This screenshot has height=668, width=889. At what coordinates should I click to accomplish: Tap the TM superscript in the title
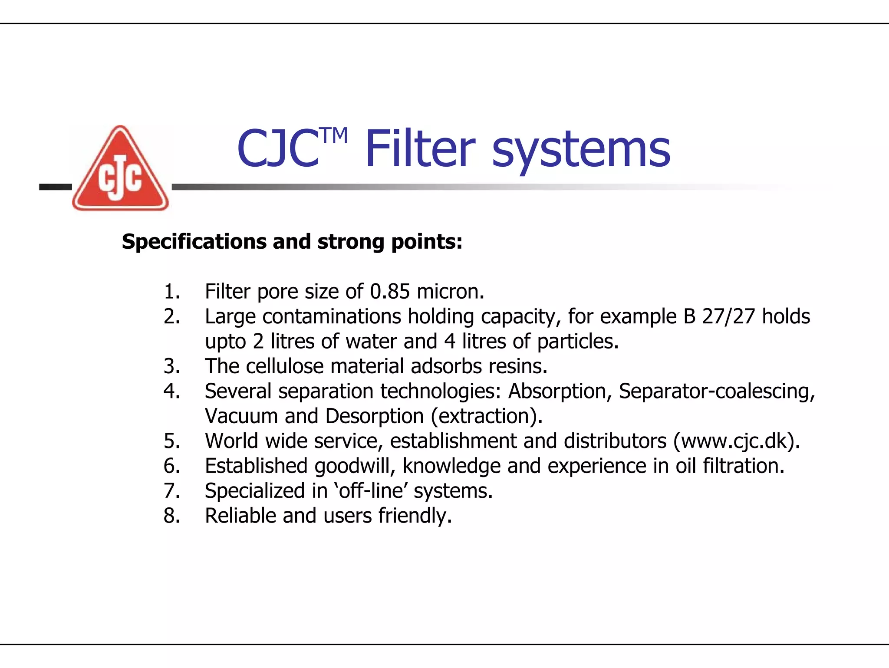pyautogui.click(x=334, y=136)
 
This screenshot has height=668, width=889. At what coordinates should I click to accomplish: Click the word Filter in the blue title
pyautogui.click(x=420, y=149)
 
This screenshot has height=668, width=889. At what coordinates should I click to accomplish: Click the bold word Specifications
pyautogui.click(x=194, y=241)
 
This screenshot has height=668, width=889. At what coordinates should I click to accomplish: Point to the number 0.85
pyautogui.click(x=389, y=291)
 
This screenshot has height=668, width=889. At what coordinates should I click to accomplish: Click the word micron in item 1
pyautogui.click(x=450, y=291)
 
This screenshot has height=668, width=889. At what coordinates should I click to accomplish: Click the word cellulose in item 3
pyautogui.click(x=284, y=366)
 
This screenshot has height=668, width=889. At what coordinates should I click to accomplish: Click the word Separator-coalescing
pyautogui.click(x=716, y=391)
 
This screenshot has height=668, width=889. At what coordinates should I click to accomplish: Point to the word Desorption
pyautogui.click(x=374, y=416)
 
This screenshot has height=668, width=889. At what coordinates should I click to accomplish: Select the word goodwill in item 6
pyautogui.click(x=355, y=466)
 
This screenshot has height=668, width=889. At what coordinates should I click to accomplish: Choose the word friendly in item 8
pyautogui.click(x=415, y=516)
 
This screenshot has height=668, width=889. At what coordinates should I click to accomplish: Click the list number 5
pyautogui.click(x=172, y=441)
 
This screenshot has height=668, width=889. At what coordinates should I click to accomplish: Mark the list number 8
pyautogui.click(x=172, y=516)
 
